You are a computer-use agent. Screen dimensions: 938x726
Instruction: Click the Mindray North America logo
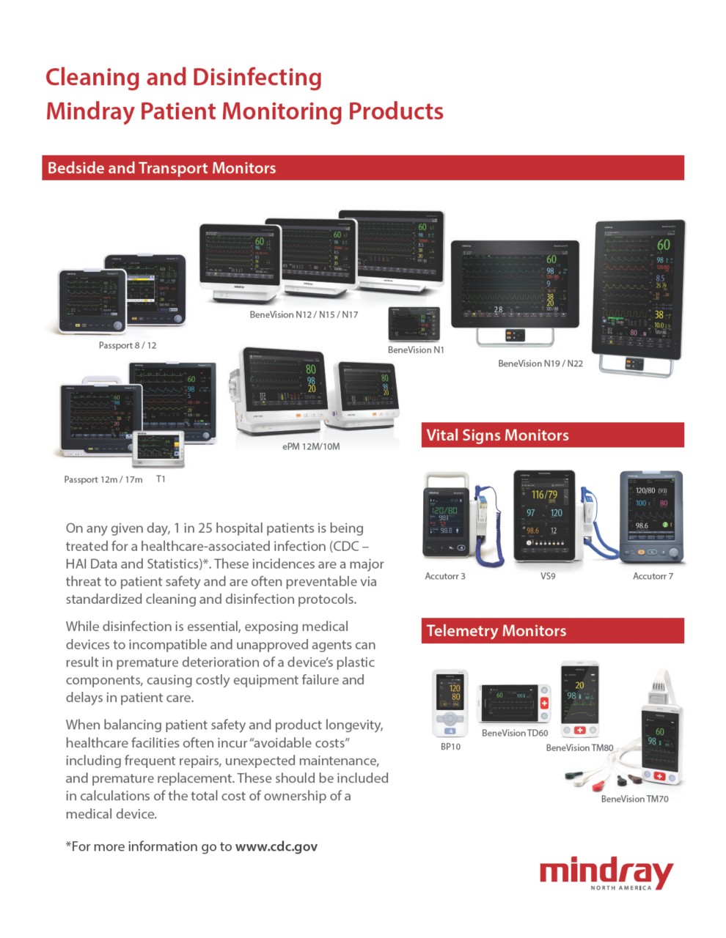pos(606,874)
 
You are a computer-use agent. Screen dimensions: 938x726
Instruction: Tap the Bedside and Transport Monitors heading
pos(161,168)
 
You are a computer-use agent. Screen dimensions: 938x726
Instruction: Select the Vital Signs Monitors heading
pos(497,435)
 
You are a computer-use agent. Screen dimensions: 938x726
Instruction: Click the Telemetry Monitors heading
pos(496,631)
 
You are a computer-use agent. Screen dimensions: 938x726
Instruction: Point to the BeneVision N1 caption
pos(416,350)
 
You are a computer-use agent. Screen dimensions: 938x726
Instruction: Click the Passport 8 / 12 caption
pos(128,345)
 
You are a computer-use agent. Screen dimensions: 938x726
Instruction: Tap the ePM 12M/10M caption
pos(311,446)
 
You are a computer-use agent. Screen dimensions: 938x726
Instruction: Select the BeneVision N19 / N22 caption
pos(540,363)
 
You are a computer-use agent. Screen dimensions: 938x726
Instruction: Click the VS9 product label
pos(548,576)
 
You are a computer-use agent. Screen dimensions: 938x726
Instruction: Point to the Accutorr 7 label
pos(653,576)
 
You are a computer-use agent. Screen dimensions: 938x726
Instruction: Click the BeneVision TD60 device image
pos(514,704)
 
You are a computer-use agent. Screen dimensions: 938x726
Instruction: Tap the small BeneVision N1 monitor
pos(414,324)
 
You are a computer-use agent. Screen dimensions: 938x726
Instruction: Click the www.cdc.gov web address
pos(276,846)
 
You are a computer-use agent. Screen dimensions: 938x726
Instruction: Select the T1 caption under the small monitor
pos(161,479)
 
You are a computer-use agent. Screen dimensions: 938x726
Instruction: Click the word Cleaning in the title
pos(92,78)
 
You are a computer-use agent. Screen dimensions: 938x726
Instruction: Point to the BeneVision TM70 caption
pos(634,799)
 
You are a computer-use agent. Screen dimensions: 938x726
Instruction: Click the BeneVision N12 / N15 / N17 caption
pos(304,314)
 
